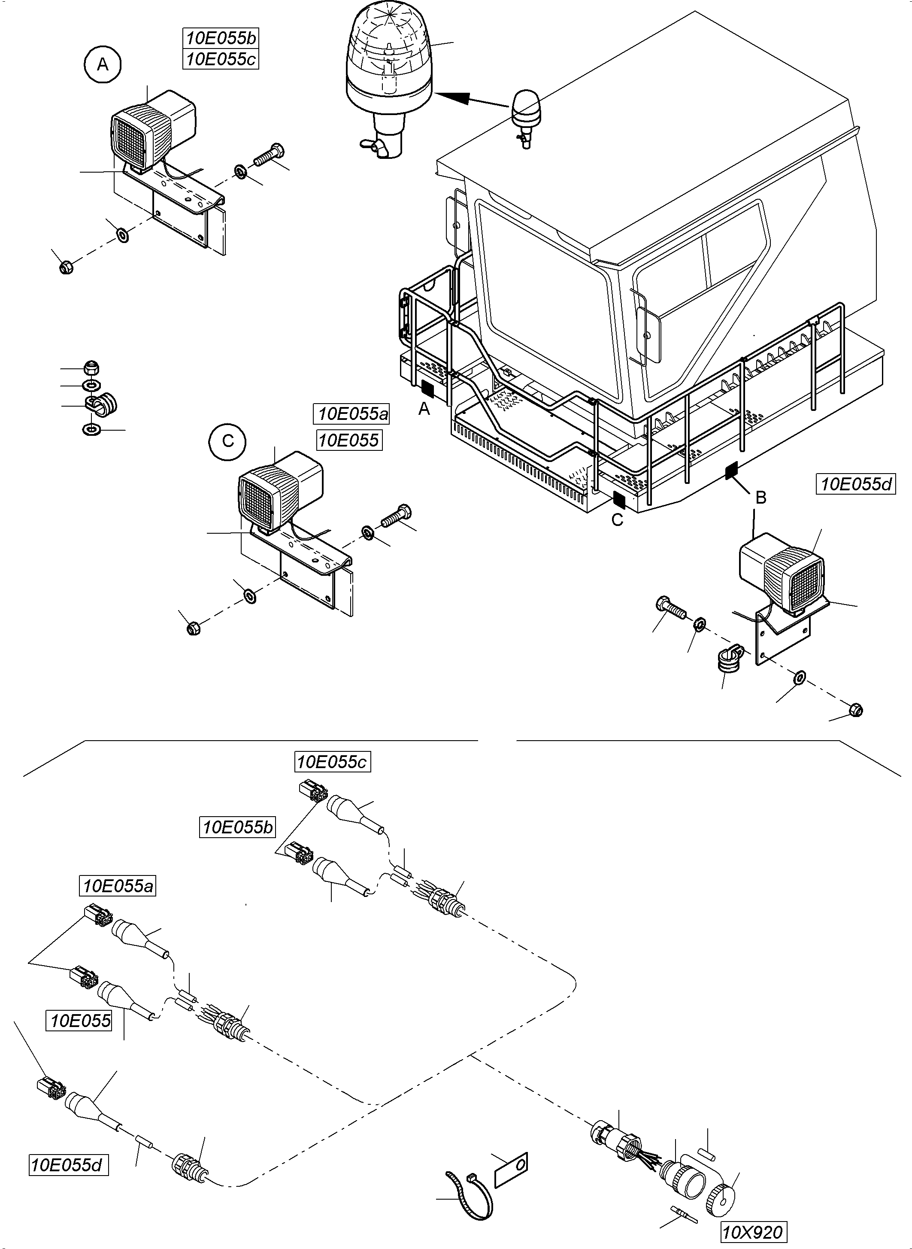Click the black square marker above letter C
tap(619, 500)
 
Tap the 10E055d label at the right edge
tap(855, 484)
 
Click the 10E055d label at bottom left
tap(67, 1165)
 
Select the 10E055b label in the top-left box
tap(221, 38)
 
